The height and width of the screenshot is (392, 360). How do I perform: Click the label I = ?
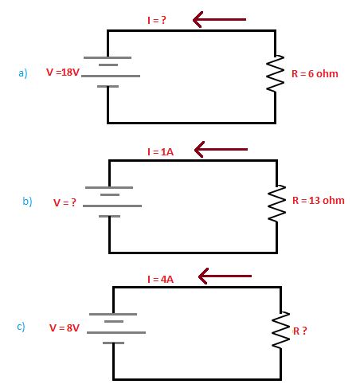(156, 20)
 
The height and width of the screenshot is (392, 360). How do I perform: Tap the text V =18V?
(63, 73)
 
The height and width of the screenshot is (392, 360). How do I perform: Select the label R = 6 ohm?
(311, 74)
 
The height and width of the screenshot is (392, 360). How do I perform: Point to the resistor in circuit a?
(275, 74)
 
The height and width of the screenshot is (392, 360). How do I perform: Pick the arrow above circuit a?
(219, 19)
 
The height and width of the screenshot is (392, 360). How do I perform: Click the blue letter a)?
(23, 73)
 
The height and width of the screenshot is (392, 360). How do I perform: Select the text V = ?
(65, 202)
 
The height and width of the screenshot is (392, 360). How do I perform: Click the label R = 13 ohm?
(319, 200)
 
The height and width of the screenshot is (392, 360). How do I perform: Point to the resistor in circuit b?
(277, 203)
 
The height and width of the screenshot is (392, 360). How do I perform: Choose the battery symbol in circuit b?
(111, 202)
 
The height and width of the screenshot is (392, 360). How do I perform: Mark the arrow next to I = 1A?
(221, 149)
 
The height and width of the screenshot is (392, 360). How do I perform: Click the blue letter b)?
(27, 202)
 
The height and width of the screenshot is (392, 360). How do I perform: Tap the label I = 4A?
(160, 279)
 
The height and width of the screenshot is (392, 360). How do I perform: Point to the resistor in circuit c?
(281, 330)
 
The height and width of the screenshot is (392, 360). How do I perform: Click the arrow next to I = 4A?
(225, 276)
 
